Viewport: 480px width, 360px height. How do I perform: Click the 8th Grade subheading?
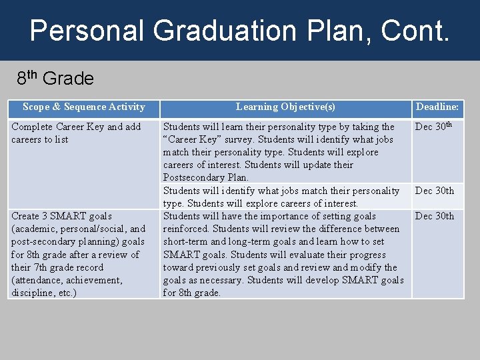[55, 79]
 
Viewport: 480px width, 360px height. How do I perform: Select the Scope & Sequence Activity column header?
[83, 107]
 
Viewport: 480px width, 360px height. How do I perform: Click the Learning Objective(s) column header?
[285, 107]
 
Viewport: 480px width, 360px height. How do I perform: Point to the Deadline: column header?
[437, 107]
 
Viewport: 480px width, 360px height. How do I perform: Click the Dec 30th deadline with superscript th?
[434, 126]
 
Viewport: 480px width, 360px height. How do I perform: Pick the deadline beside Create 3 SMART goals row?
[434, 216]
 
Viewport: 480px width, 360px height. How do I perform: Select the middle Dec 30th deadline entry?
[434, 191]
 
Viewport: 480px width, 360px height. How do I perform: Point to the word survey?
[240, 139]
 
